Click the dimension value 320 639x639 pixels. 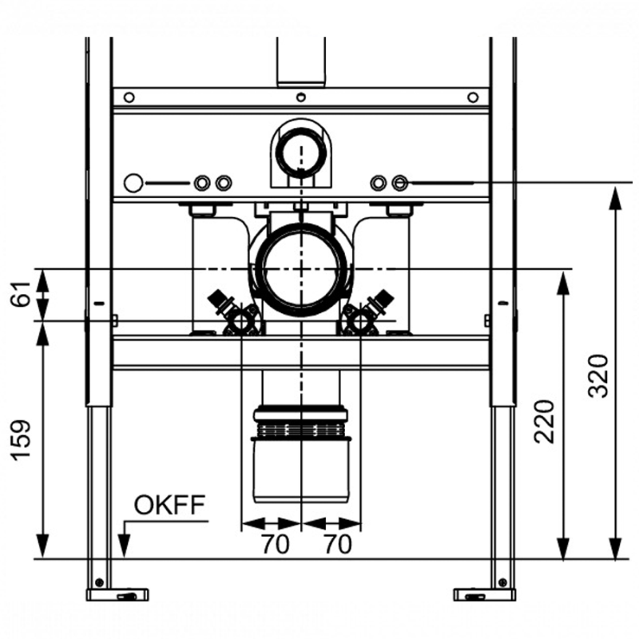597,375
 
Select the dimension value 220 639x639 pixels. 545,422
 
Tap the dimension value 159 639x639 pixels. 21,440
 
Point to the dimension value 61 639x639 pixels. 21,293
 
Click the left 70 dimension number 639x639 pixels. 276,544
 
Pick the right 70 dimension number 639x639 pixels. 338,544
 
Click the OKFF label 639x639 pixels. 169,505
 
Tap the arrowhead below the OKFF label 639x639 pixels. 124,546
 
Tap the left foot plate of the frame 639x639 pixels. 117,594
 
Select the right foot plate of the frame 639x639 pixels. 485,594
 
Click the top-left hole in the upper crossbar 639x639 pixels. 129,97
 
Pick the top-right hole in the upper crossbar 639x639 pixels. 473,97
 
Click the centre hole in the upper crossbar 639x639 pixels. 301,97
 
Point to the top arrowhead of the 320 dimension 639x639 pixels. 615,198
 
